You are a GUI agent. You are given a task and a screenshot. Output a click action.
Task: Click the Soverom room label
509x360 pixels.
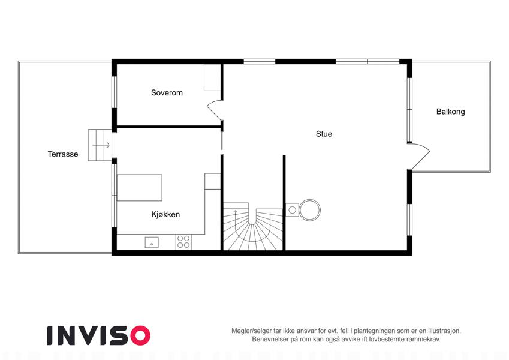[167, 93]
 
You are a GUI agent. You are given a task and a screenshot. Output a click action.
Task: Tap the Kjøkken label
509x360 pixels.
[165, 214]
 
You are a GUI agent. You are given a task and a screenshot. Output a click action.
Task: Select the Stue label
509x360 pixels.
[324, 134]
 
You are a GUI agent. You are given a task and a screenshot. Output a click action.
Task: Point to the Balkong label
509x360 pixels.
[451, 112]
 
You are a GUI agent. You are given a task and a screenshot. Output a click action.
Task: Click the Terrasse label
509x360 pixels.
[63, 154]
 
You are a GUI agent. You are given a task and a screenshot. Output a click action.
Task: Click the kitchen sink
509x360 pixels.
[152, 243]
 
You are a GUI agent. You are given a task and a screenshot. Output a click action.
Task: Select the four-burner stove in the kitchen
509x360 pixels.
[183, 242]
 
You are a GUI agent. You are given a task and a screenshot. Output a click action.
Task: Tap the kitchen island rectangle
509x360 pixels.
[140, 188]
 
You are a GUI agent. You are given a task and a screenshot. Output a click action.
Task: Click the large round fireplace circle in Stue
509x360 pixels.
[310, 210]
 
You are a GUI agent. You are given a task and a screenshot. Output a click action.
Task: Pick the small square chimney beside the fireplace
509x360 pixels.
[292, 210]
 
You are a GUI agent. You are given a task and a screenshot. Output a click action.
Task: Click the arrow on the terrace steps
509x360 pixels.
[101, 145]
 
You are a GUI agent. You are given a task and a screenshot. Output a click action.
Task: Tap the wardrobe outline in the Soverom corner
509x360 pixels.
[213, 77]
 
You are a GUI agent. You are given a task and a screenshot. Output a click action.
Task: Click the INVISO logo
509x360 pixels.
[99, 335]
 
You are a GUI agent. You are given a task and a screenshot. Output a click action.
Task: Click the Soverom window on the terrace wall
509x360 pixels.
[115, 92]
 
